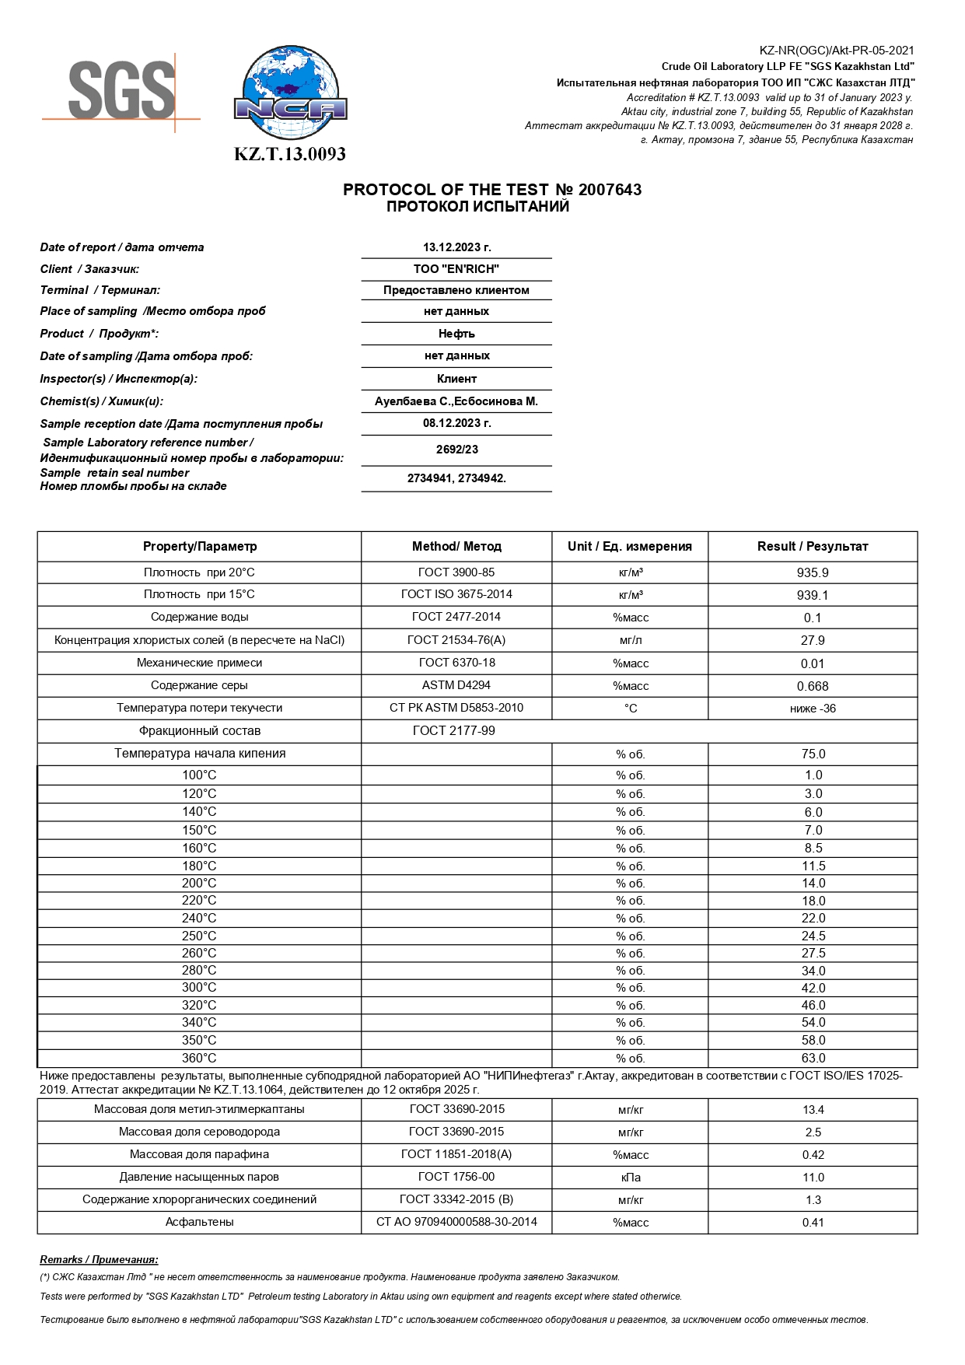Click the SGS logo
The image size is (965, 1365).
(121, 90)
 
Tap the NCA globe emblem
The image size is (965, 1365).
(291, 93)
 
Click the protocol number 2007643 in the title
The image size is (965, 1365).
(610, 190)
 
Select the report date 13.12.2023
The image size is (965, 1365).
(456, 247)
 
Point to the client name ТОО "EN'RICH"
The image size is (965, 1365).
(456, 269)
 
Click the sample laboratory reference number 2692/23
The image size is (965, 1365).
(456, 450)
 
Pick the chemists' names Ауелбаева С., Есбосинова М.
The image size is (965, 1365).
(456, 401)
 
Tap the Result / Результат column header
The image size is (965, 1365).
(813, 546)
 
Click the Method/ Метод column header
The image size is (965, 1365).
(456, 546)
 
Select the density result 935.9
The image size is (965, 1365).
(813, 572)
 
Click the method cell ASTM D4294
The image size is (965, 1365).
(456, 685)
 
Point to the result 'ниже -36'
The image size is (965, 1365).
(813, 709)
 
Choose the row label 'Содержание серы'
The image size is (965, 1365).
(199, 685)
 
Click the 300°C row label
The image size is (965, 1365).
(199, 988)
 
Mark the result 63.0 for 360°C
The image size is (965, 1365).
(813, 1058)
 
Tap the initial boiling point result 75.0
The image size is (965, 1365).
(813, 754)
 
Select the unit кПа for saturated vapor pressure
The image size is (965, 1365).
(631, 1178)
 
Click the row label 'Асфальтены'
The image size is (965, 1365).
(199, 1222)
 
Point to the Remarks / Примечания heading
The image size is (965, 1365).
(99, 1259)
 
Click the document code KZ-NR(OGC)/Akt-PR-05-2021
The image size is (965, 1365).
(837, 51)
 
